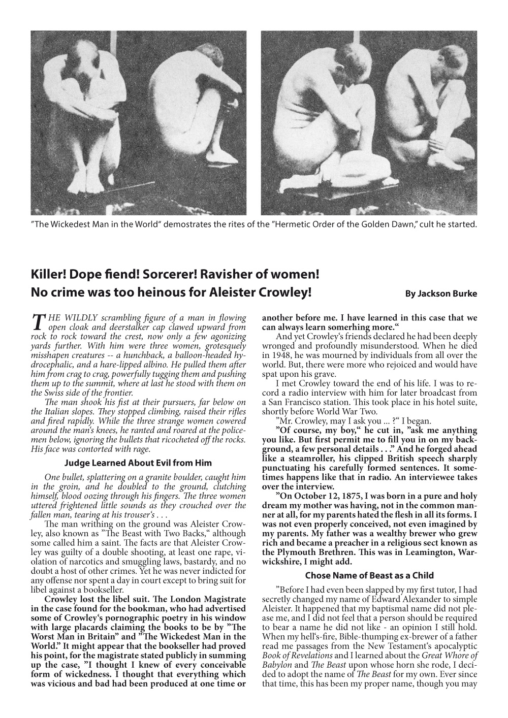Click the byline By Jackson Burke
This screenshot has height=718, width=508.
pyautogui.click(x=440, y=294)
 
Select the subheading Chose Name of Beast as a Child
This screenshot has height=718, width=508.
pyautogui.click(x=369, y=575)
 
